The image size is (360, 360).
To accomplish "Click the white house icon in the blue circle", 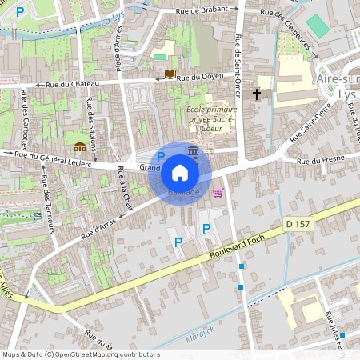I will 180,172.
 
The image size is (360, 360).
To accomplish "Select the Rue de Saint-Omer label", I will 238,51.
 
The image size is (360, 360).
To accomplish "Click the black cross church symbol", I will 257,94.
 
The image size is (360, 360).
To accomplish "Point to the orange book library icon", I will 169,74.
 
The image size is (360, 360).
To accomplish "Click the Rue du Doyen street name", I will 198,78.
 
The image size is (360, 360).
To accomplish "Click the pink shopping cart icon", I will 218,192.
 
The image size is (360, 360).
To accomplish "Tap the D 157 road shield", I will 296,226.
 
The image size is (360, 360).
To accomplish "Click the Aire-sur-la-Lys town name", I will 337,88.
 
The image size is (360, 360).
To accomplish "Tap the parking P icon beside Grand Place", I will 160,157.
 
